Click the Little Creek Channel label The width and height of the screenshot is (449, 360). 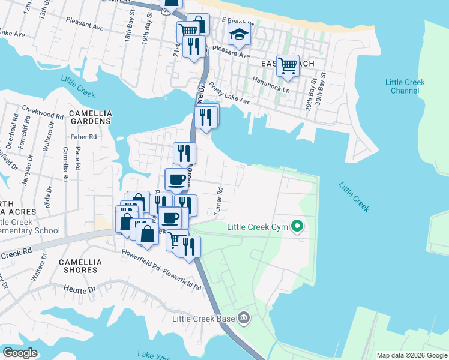click(x=405, y=86)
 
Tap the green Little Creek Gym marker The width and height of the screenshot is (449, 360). click(x=297, y=226)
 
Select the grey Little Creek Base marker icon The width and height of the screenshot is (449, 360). click(x=243, y=317)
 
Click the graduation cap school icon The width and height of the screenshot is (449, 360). click(x=238, y=36)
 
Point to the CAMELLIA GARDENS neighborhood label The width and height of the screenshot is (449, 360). click(x=90, y=116)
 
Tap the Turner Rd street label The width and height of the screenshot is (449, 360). click(x=220, y=202)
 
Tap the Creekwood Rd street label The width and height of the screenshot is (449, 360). click(x=43, y=112)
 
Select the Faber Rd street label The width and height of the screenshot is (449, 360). click(x=83, y=137)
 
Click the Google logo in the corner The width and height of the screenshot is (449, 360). click(x=20, y=353)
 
